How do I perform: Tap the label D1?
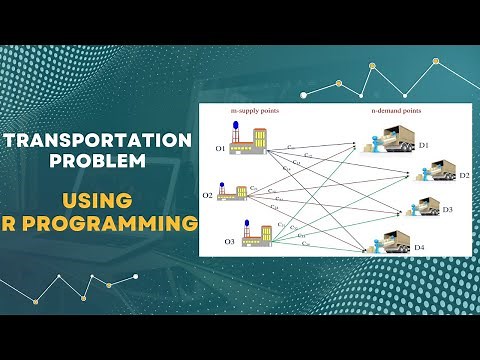[423, 145]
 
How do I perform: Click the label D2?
[463, 175]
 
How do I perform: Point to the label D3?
[448, 210]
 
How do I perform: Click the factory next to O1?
[247, 141]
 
